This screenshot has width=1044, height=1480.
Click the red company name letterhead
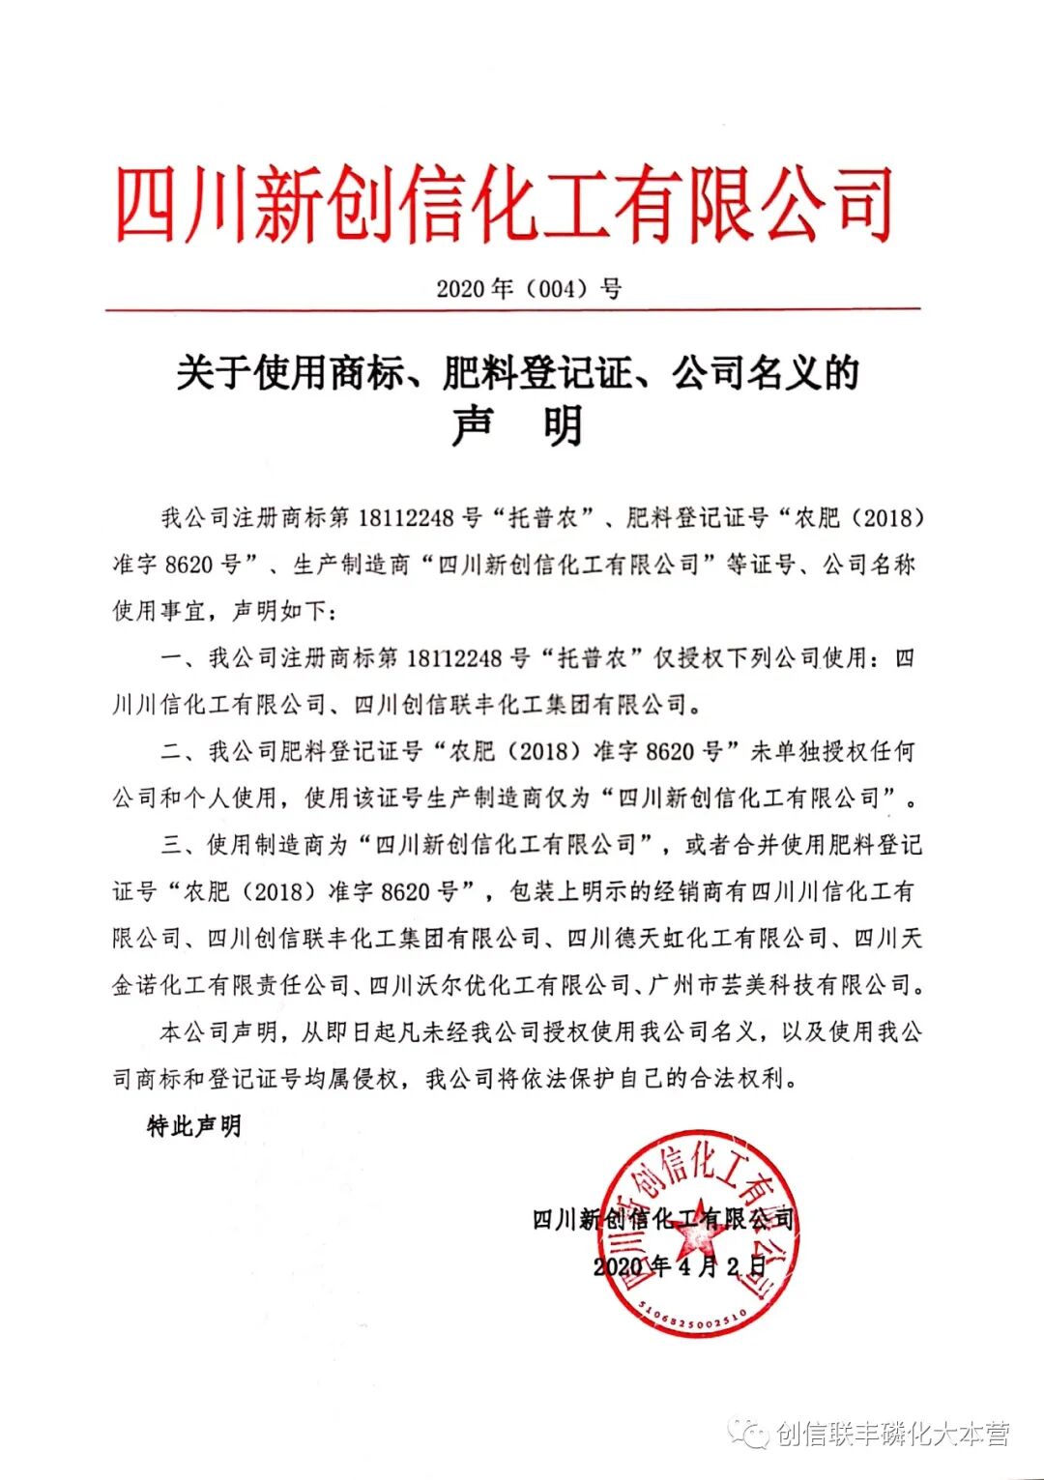[504, 204]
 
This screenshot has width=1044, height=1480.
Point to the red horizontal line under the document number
[512, 310]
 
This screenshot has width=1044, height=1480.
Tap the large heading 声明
[518, 426]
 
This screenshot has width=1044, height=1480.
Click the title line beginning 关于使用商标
[518, 372]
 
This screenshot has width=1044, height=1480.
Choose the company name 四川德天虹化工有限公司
[697, 938]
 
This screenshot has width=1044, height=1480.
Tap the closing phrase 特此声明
[194, 1126]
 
